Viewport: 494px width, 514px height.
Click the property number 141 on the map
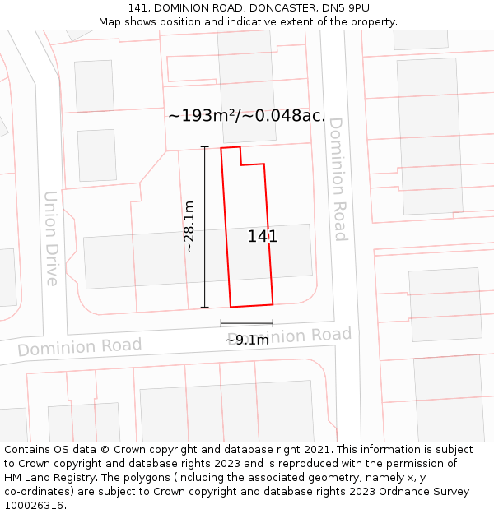click(262, 237)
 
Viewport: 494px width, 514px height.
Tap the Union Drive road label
click(51, 238)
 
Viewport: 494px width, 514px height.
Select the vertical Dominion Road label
click(338, 179)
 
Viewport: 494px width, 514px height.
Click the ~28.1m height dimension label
click(189, 226)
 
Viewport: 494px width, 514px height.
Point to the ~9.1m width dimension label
click(247, 340)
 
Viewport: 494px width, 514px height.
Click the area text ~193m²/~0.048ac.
click(246, 116)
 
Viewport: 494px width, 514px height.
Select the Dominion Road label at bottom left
click(79, 347)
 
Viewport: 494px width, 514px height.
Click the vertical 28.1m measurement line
click(205, 247)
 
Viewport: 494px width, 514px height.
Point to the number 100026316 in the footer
click(32, 505)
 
